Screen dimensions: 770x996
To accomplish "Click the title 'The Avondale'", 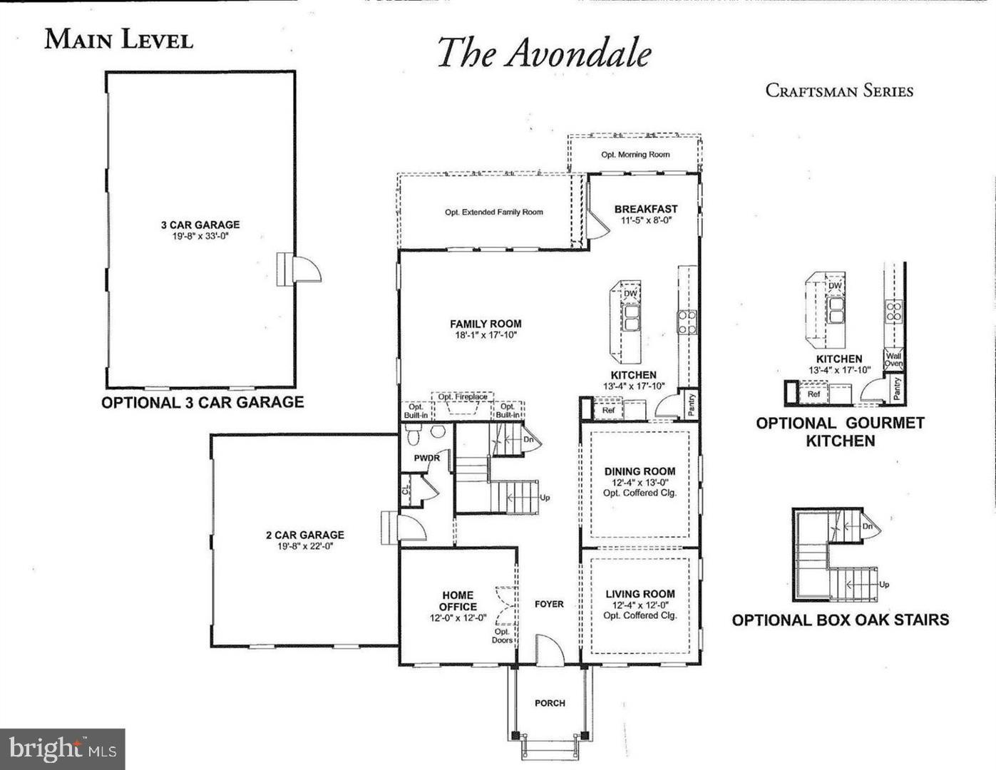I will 544,53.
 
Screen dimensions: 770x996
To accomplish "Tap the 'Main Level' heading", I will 118,39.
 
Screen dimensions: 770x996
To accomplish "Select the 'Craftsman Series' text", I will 839,91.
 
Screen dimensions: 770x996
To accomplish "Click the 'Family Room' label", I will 485,324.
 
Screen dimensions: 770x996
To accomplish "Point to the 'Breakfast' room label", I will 645,209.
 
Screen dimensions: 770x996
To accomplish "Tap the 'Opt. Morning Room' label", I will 635,155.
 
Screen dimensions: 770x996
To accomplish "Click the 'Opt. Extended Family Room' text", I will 493,212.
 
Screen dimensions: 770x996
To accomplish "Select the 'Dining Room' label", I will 640,471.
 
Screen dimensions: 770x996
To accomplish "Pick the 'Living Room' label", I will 640,594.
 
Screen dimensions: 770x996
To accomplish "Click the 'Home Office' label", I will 458,601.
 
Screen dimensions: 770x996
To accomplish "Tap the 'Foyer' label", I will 549,604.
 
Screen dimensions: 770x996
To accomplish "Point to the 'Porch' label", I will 550,703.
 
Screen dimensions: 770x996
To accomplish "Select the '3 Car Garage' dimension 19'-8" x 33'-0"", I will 200,235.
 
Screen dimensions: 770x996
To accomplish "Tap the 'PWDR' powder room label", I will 427,458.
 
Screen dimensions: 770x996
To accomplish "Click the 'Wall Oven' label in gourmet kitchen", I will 893,359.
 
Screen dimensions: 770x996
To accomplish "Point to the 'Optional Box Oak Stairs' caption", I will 840,620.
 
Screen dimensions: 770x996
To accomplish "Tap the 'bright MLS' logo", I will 63,749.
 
